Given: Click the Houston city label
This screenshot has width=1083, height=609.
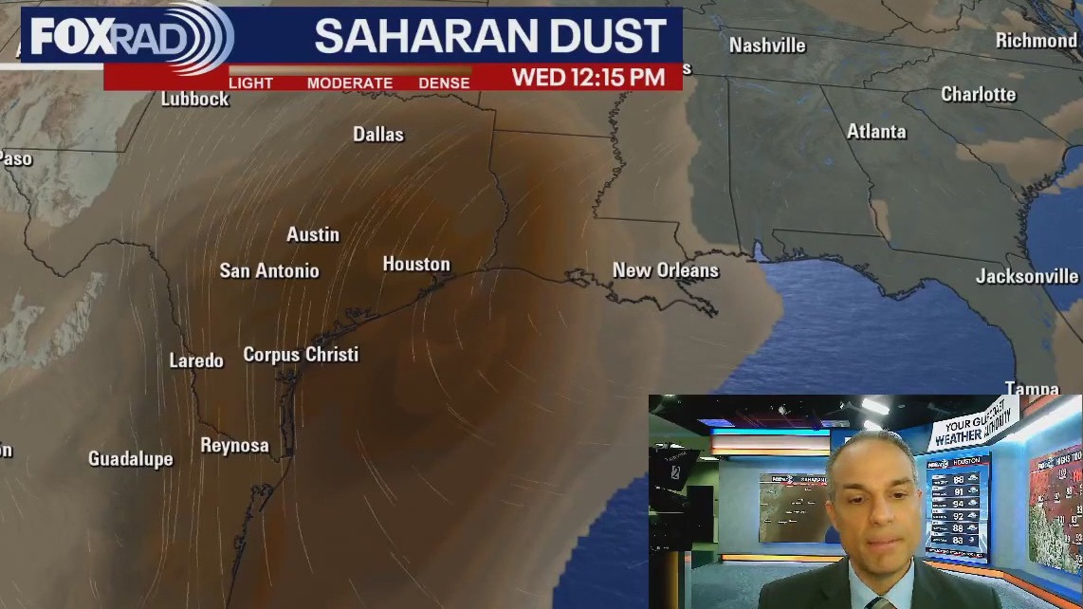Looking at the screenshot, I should click(x=416, y=265).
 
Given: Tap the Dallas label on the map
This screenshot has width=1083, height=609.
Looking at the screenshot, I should click(x=378, y=135).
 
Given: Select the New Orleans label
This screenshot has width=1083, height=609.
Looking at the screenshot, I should click(x=665, y=270).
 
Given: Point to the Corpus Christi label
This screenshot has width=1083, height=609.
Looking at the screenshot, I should click(x=301, y=355).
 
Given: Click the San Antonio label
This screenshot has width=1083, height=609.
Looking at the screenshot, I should click(x=269, y=271).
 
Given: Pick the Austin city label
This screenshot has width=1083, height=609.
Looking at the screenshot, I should click(x=313, y=234).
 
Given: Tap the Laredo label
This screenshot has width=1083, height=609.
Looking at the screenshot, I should click(x=196, y=360).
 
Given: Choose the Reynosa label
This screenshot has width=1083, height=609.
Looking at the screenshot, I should click(x=234, y=446).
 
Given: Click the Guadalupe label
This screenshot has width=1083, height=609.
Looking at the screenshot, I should click(x=131, y=459).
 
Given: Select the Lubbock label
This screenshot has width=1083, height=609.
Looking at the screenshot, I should click(x=194, y=99).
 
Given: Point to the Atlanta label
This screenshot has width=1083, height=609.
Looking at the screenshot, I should click(x=876, y=132).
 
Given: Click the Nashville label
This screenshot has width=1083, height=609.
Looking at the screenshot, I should click(x=767, y=46).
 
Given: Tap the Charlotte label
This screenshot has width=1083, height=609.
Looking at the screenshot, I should click(x=978, y=95).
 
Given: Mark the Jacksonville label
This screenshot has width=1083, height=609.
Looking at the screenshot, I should click(x=1027, y=277).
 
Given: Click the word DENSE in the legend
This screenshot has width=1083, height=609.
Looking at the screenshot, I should click(x=444, y=83).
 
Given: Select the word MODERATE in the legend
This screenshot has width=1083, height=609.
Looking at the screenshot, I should click(x=350, y=83).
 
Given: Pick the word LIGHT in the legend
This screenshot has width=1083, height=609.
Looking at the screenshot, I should click(x=251, y=83).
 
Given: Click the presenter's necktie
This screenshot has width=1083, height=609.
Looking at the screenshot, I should click(x=879, y=602).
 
